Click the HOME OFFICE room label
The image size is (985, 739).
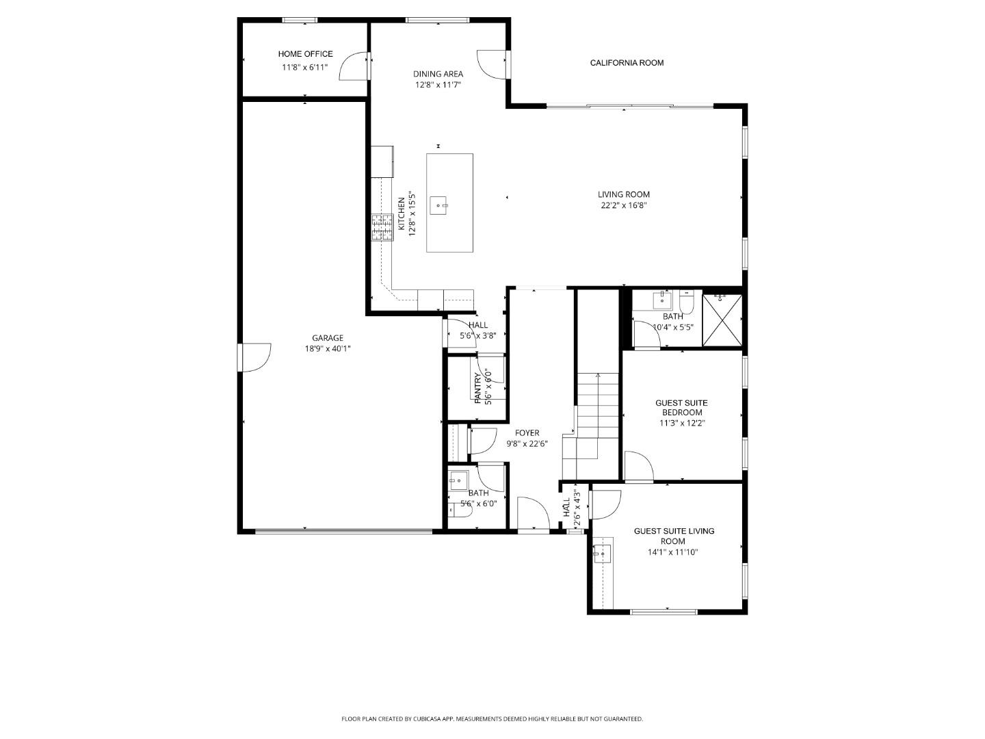[305, 54]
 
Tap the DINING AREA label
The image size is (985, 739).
[438, 74]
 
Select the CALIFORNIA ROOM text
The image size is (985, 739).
[627, 63]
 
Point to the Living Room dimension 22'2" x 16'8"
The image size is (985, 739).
[623, 205]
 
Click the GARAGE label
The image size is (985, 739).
[328, 338]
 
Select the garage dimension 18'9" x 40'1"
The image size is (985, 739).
[328, 348]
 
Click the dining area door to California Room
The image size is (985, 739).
[491, 64]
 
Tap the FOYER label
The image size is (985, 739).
[527, 433]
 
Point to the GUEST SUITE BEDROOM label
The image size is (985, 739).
[681, 408]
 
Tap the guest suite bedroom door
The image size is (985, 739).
[639, 467]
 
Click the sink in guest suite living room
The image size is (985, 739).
[601, 553]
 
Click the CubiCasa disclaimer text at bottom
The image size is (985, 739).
[492, 719]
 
